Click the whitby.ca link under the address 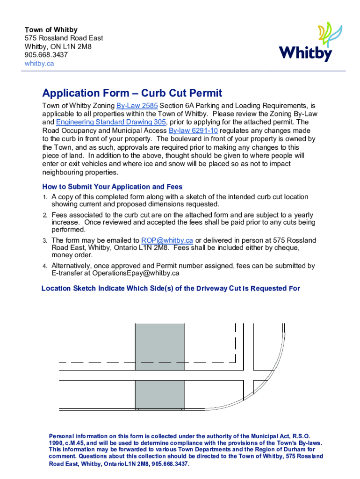(39, 63)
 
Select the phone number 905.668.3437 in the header (46, 55)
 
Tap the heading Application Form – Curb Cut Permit (132, 94)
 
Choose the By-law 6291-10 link (193, 131)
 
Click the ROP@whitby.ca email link (167, 240)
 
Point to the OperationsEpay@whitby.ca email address (136, 273)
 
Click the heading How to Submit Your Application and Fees (112, 187)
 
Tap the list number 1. (45, 197)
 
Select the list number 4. (45, 266)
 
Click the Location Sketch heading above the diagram (171, 289)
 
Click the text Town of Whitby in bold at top (51, 29)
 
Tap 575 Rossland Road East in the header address (64, 38)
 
